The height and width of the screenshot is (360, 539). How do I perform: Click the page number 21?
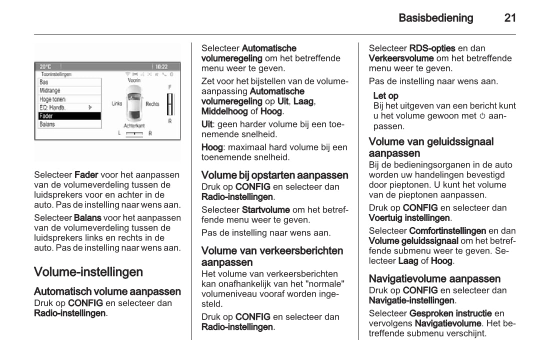click(509, 18)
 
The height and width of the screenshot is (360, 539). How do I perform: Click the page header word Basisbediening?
click(435, 18)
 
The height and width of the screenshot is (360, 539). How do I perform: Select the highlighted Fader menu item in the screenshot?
click(69, 115)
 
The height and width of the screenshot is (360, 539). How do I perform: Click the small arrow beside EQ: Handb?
click(90, 107)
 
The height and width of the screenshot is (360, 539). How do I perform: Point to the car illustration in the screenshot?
click(134, 103)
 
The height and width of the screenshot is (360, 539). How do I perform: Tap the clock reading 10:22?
click(161, 66)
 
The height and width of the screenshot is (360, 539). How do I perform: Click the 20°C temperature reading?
click(45, 66)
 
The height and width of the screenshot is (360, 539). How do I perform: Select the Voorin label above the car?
click(134, 80)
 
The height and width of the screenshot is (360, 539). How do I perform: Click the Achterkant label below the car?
click(134, 125)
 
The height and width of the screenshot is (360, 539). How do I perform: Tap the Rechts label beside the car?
click(152, 104)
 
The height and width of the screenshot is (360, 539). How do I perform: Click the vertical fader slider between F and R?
click(170, 104)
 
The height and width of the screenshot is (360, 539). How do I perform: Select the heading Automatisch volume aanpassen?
click(107, 291)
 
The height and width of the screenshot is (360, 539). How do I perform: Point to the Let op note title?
click(386, 95)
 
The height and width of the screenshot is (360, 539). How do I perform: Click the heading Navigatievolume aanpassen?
click(434, 278)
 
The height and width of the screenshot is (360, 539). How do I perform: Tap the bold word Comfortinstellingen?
click(447, 231)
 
